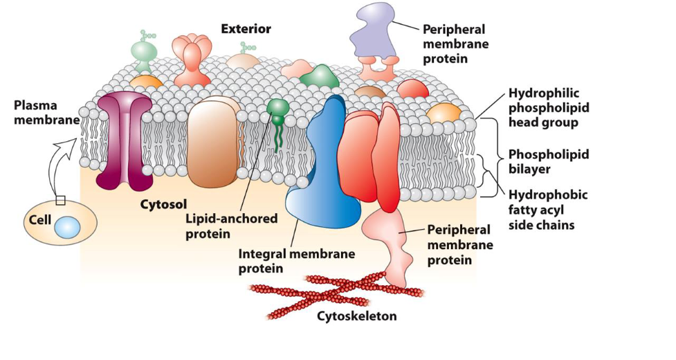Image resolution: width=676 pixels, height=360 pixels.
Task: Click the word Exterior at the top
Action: (x=246, y=28)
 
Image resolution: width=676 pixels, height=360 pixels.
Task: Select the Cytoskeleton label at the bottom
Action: (x=357, y=316)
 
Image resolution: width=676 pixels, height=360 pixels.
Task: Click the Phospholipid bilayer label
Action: (x=549, y=161)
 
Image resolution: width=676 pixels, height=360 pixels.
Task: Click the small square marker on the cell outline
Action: (x=61, y=201)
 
